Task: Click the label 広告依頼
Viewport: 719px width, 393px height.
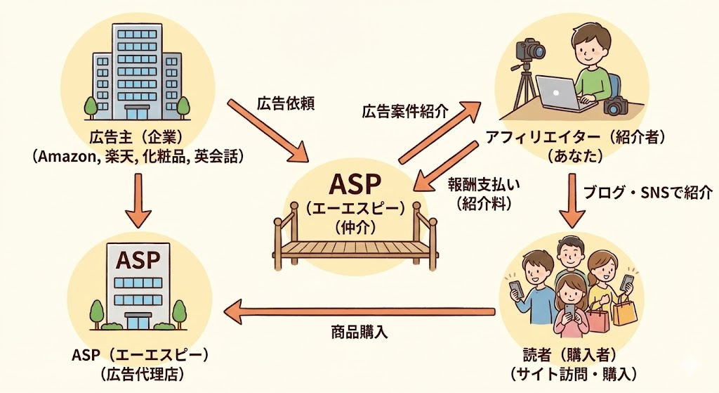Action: pyautogui.click(x=285, y=103)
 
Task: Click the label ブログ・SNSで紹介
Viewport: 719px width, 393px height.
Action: pyautogui.click(x=648, y=191)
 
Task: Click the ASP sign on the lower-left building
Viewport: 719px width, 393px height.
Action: pyautogui.click(x=138, y=260)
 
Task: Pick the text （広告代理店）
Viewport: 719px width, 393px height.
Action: pyautogui.click(x=138, y=373)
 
